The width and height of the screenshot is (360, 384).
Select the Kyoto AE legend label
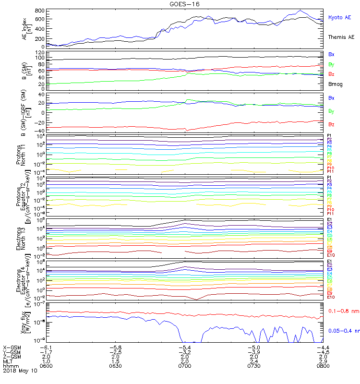point(340,18)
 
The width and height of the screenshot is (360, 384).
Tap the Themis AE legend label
point(340,37)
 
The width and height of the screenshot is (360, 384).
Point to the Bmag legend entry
point(335,84)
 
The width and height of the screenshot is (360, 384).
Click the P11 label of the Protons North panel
point(330,171)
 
